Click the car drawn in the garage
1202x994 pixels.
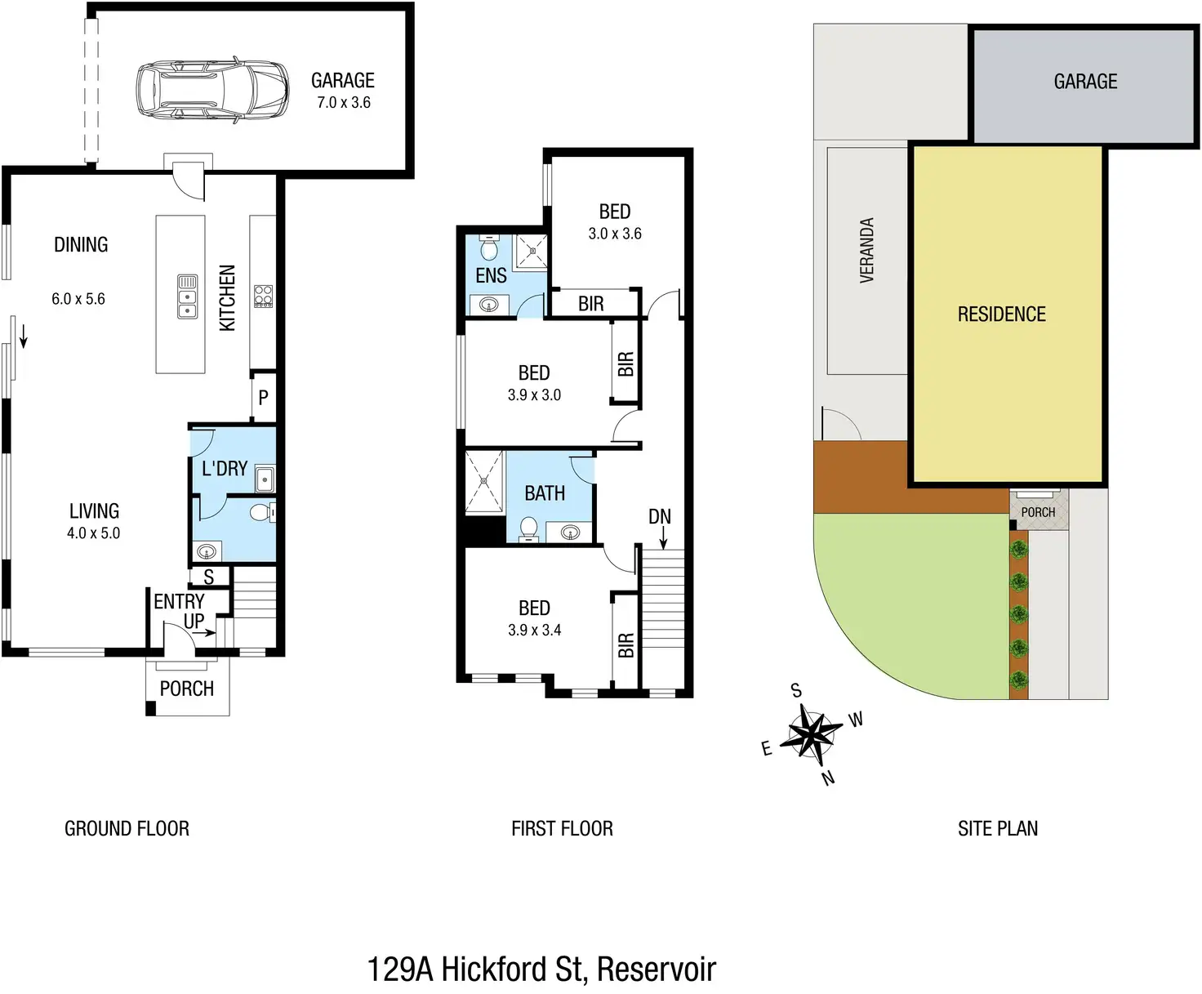tap(211, 89)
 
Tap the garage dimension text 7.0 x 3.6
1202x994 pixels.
tap(344, 103)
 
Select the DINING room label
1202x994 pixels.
tap(81, 245)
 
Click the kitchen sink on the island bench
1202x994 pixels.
tap(187, 296)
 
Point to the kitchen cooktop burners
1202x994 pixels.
tap(263, 296)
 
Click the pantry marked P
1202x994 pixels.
tap(263, 398)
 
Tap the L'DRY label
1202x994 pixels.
tap(225, 469)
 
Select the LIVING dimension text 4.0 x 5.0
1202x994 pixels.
tap(93, 533)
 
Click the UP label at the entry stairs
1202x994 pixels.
tap(194, 622)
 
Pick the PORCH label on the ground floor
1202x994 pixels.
tap(187, 689)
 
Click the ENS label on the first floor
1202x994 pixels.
tap(491, 276)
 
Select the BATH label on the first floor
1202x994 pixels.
tap(545, 493)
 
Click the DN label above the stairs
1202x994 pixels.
tap(660, 517)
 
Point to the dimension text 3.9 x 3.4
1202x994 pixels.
tap(534, 631)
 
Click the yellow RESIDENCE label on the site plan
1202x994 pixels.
tap(1001, 314)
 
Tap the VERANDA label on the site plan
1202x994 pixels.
tap(867, 251)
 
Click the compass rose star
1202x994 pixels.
tap(810, 733)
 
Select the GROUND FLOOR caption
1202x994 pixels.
tap(127, 829)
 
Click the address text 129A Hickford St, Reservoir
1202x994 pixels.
tap(541, 969)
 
